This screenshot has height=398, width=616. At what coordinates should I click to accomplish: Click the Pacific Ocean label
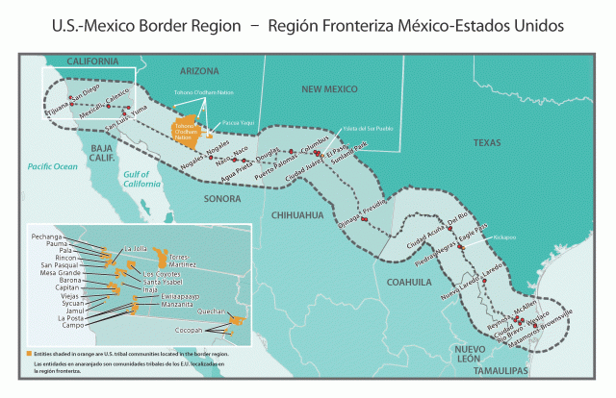pos(52,166)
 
